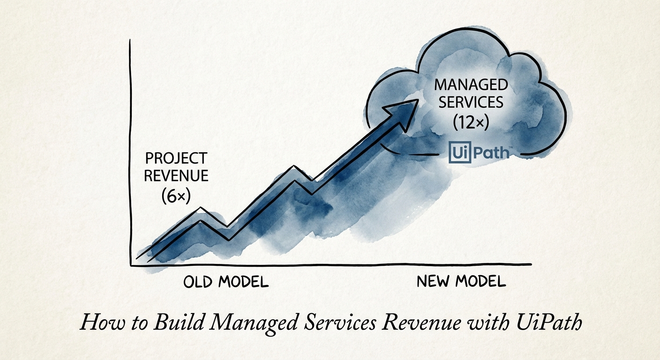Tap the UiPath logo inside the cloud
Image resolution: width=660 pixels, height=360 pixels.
pyautogui.click(x=478, y=153)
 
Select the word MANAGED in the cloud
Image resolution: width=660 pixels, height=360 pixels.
pyautogui.click(x=471, y=85)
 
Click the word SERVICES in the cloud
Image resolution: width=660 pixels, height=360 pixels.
pyautogui.click(x=471, y=103)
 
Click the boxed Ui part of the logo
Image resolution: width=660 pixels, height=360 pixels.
pyautogui.click(x=456, y=153)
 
